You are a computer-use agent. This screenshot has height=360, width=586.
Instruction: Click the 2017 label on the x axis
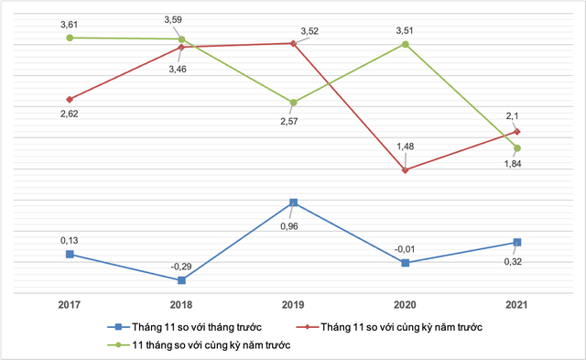pyautogui.click(x=70, y=302)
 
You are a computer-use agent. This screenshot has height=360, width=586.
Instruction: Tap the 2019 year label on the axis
pyautogui.click(x=293, y=302)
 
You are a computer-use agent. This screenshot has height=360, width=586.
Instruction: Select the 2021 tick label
pyautogui.click(x=517, y=302)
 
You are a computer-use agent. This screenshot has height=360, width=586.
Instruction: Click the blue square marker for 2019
pyautogui.click(x=293, y=202)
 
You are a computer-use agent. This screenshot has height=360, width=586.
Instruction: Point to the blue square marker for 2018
pyautogui.click(x=181, y=280)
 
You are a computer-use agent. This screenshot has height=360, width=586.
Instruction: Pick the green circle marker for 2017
pyautogui.click(x=70, y=38)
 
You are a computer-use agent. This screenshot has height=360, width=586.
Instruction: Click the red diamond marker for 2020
pyautogui.click(x=406, y=170)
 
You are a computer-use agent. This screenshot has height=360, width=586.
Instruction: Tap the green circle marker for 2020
pyautogui.click(x=406, y=44)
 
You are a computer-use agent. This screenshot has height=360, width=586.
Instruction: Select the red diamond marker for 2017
pyautogui.click(x=70, y=99)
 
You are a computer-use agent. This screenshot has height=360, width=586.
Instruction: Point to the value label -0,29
pyautogui.click(x=181, y=266)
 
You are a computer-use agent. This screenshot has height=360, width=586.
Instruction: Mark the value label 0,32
pyautogui.click(x=518, y=262)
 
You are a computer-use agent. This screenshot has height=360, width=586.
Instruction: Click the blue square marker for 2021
pyautogui.click(x=517, y=243)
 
